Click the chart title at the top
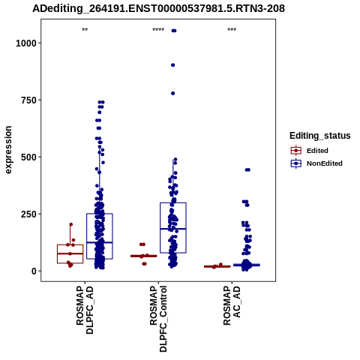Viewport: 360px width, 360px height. coord(158,9)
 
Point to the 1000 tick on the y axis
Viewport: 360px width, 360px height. coord(26,43)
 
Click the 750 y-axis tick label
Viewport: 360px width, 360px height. coord(28,100)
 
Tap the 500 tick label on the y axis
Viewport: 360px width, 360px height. coord(28,157)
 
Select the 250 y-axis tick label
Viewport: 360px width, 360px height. coord(28,214)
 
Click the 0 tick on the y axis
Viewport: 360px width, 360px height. coord(34,271)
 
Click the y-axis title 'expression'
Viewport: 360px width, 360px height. coord(8,150)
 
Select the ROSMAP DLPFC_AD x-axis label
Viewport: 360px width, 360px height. coord(85,310)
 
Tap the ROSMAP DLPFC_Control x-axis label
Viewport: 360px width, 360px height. coord(158,319)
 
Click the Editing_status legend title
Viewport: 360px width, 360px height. coord(320,136)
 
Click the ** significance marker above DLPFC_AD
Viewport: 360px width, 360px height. coord(85,30)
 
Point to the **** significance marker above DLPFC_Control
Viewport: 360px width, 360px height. coord(158,30)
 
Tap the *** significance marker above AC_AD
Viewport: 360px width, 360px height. coord(232,30)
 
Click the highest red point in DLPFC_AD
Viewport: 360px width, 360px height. coord(71,224)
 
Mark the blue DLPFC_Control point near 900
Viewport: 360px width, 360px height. coord(172,65)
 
